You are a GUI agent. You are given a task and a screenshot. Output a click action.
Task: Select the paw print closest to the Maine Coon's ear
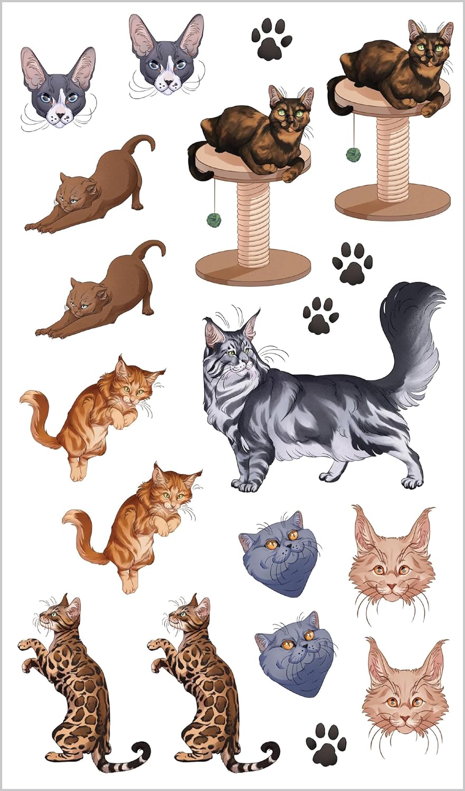(320, 315)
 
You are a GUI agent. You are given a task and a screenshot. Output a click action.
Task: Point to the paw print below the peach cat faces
(326, 743)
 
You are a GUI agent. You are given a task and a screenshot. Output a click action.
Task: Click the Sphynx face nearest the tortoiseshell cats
(167, 55)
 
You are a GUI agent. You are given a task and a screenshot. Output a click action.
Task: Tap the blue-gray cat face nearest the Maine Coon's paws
(279, 553)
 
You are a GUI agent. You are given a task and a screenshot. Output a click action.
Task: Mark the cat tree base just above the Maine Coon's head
(253, 272)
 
